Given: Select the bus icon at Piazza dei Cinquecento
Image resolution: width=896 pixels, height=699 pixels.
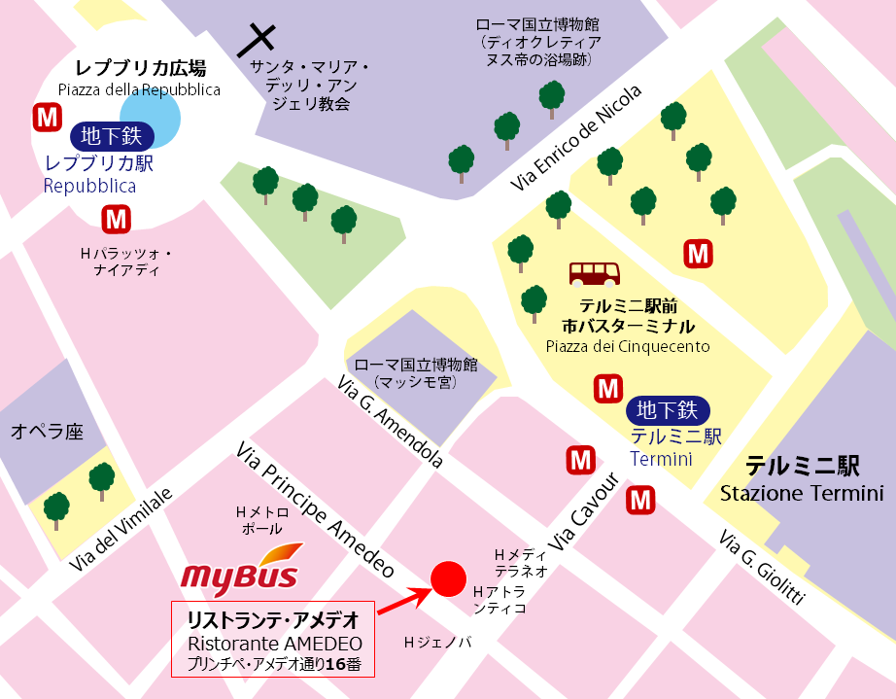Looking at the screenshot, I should click(x=595, y=273).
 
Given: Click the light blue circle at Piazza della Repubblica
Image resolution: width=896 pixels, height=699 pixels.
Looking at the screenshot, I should click(x=151, y=115).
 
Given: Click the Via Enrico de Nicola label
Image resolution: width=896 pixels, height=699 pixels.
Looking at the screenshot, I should click(x=577, y=138).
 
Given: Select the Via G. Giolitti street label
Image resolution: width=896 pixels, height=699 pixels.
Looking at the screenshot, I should click(x=763, y=569).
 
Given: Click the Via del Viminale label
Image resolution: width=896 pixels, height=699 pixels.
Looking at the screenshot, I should click(x=121, y=530).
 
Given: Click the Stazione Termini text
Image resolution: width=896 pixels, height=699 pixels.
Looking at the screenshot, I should click(x=801, y=494).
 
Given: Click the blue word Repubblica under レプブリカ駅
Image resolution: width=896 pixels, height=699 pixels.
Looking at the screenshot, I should click(x=89, y=186).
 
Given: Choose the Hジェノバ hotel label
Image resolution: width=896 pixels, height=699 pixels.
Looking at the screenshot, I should click(x=437, y=643).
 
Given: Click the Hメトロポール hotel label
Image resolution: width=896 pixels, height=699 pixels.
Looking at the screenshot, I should click(x=262, y=520).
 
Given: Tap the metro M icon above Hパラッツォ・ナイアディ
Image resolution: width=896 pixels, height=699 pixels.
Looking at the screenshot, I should click(x=117, y=219).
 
